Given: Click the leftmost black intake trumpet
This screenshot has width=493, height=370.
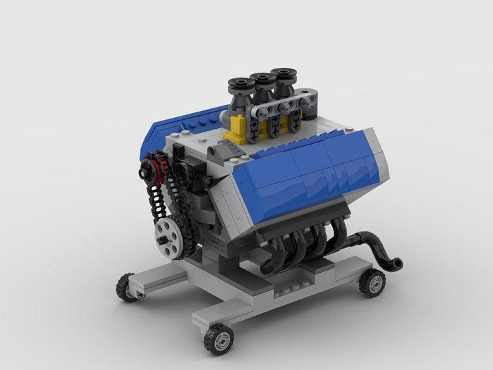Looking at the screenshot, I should click(x=241, y=87).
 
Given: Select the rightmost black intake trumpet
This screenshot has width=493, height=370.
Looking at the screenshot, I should click(x=283, y=75).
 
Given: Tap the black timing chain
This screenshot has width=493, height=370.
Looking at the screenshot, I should click(x=158, y=199).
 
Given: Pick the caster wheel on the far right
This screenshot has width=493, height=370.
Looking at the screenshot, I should click(x=372, y=282).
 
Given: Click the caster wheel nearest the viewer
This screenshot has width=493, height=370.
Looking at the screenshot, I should click(x=218, y=338).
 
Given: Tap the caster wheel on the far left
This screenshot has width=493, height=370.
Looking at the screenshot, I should click(x=126, y=287).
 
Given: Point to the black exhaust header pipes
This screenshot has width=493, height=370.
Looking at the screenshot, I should click(x=301, y=247).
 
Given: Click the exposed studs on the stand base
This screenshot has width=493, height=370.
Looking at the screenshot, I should click(x=291, y=293).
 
